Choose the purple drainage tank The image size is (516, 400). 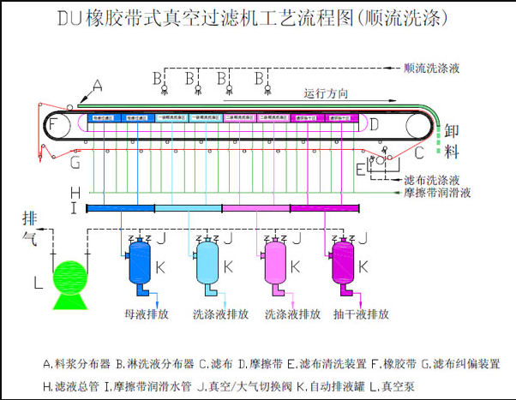pos(342,266)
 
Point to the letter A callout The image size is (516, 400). pos(98,86)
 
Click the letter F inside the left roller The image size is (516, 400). pos(54,126)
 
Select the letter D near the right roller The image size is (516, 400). pos(374,125)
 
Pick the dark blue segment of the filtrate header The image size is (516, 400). pos(120,208)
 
